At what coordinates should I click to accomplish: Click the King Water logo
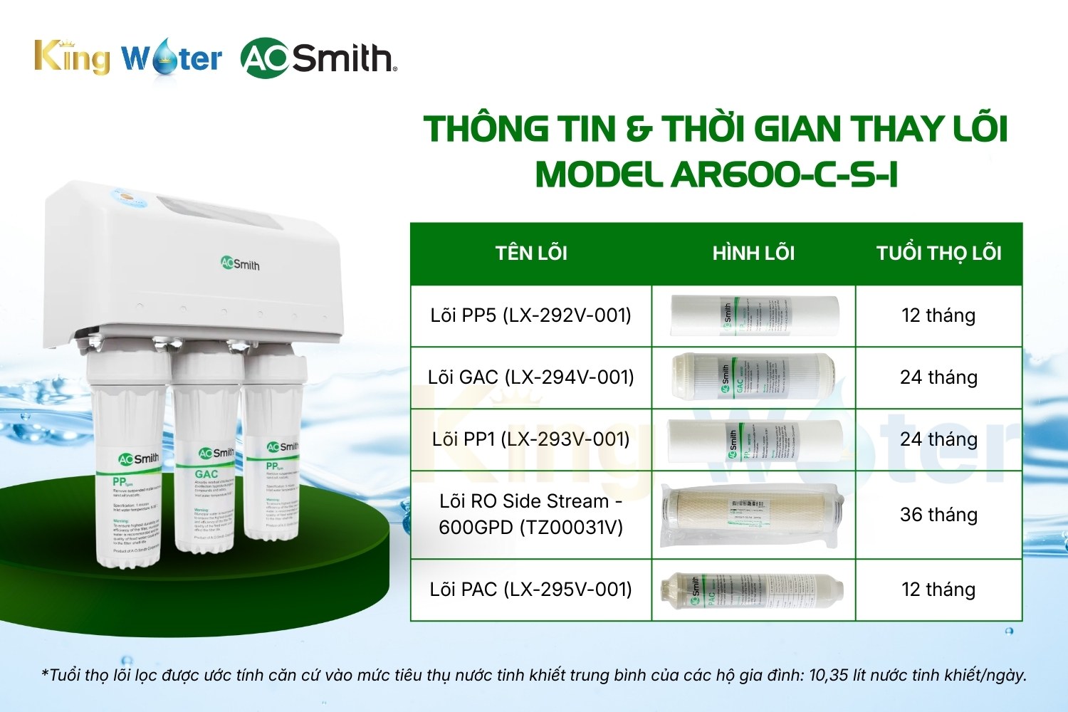pos(128,57)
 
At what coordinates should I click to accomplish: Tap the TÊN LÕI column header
pos(531,253)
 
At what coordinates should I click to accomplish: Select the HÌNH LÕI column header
pos(753,253)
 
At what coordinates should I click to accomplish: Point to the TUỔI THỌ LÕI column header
pos(938,253)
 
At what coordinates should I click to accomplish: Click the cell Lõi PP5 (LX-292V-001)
pos(531,315)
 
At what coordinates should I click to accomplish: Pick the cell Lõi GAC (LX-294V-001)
pos(531,377)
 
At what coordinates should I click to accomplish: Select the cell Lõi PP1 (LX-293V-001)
pos(531,439)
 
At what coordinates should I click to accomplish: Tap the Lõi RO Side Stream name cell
pos(531,514)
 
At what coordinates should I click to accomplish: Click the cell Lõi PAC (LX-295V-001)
pos(531,590)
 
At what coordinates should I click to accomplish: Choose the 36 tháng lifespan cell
pos(938,514)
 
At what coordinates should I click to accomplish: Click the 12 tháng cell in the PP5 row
pos(938,315)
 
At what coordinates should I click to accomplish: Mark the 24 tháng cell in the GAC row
pos(938,377)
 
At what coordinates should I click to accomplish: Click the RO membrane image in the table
pos(753,514)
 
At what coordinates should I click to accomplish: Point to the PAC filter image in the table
pos(753,590)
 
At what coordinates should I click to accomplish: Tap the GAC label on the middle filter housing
pos(206,474)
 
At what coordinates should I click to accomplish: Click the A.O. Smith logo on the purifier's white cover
pos(240,264)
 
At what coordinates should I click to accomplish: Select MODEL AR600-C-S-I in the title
pos(716,174)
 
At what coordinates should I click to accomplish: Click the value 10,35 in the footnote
pos(828,675)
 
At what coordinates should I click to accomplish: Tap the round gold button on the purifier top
pos(127,194)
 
